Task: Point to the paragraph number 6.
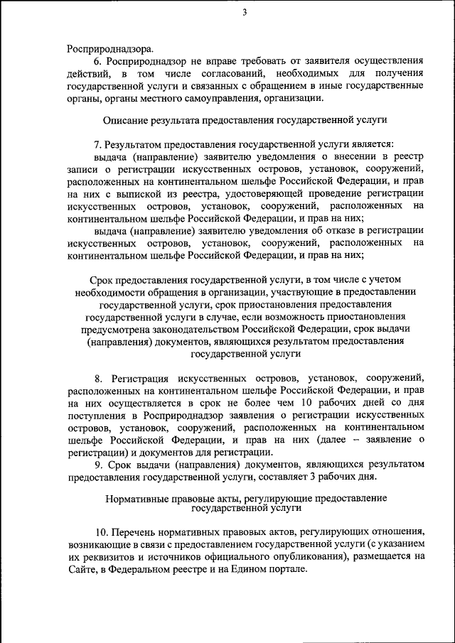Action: point(97,62)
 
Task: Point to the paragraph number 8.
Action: point(98,377)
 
